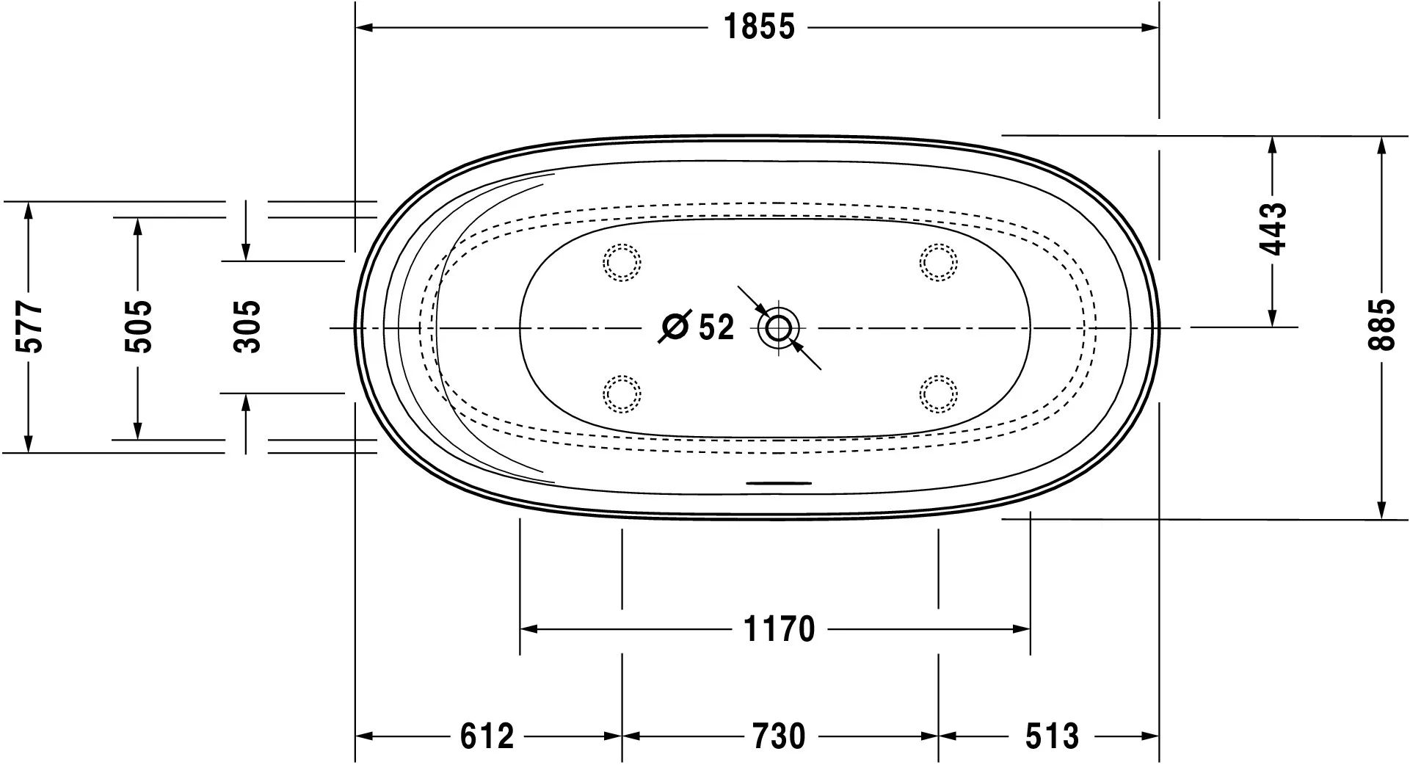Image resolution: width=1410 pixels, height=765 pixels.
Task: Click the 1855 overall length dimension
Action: coord(759,28)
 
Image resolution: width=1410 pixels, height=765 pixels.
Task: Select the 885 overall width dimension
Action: coord(1384,326)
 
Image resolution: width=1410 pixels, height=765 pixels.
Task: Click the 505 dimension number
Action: coord(138,326)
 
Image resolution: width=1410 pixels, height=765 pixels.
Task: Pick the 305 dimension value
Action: coord(247,326)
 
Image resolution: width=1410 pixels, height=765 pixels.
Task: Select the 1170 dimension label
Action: coord(779,629)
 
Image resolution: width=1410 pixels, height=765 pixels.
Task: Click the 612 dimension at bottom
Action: coord(487,736)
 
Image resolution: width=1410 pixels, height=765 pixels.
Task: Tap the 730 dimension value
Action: coord(779,736)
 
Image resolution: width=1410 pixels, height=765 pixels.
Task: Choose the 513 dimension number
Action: coord(1052,736)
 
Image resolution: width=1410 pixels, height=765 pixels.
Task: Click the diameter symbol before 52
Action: coord(675,327)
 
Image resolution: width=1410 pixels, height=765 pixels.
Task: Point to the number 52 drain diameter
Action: coord(716,327)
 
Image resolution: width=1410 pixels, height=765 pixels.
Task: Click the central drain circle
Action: coord(778,327)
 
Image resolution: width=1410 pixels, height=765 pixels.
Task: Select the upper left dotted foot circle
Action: coord(622,262)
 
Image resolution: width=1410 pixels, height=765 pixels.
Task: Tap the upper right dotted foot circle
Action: coord(939,262)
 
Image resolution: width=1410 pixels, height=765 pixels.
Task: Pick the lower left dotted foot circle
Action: coord(622,394)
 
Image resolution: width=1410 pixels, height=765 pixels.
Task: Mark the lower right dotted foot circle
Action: coord(939,394)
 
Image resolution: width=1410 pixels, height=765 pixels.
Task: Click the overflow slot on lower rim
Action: coord(779,483)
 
